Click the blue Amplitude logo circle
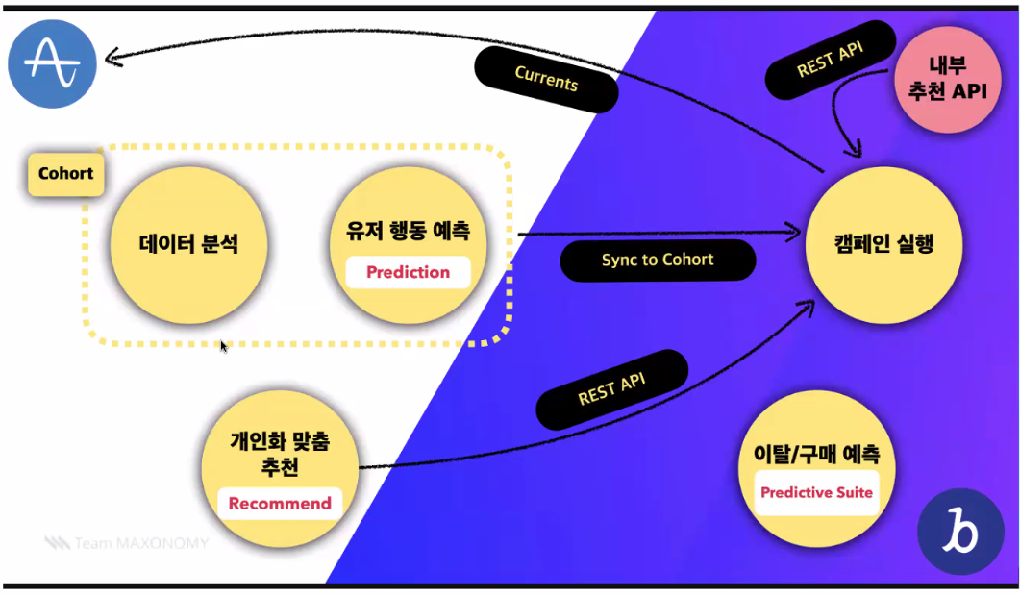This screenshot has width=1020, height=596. [52, 63]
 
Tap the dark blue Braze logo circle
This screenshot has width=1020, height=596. [960, 531]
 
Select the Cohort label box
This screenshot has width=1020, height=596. [65, 174]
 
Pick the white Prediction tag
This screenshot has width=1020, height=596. [408, 272]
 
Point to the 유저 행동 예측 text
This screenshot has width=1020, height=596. [408, 232]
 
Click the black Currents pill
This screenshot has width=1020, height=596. [546, 79]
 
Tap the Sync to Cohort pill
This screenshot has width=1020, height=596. [658, 261]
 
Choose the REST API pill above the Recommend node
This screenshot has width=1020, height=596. [611, 389]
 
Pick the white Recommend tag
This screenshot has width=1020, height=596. [280, 503]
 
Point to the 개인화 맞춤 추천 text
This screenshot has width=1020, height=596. [280, 454]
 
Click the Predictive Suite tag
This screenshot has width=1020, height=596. [816, 493]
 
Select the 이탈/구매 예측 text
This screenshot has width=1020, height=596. [816, 454]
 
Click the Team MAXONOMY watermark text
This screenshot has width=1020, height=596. [127, 543]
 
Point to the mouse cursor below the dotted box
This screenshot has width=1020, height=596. [224, 345]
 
